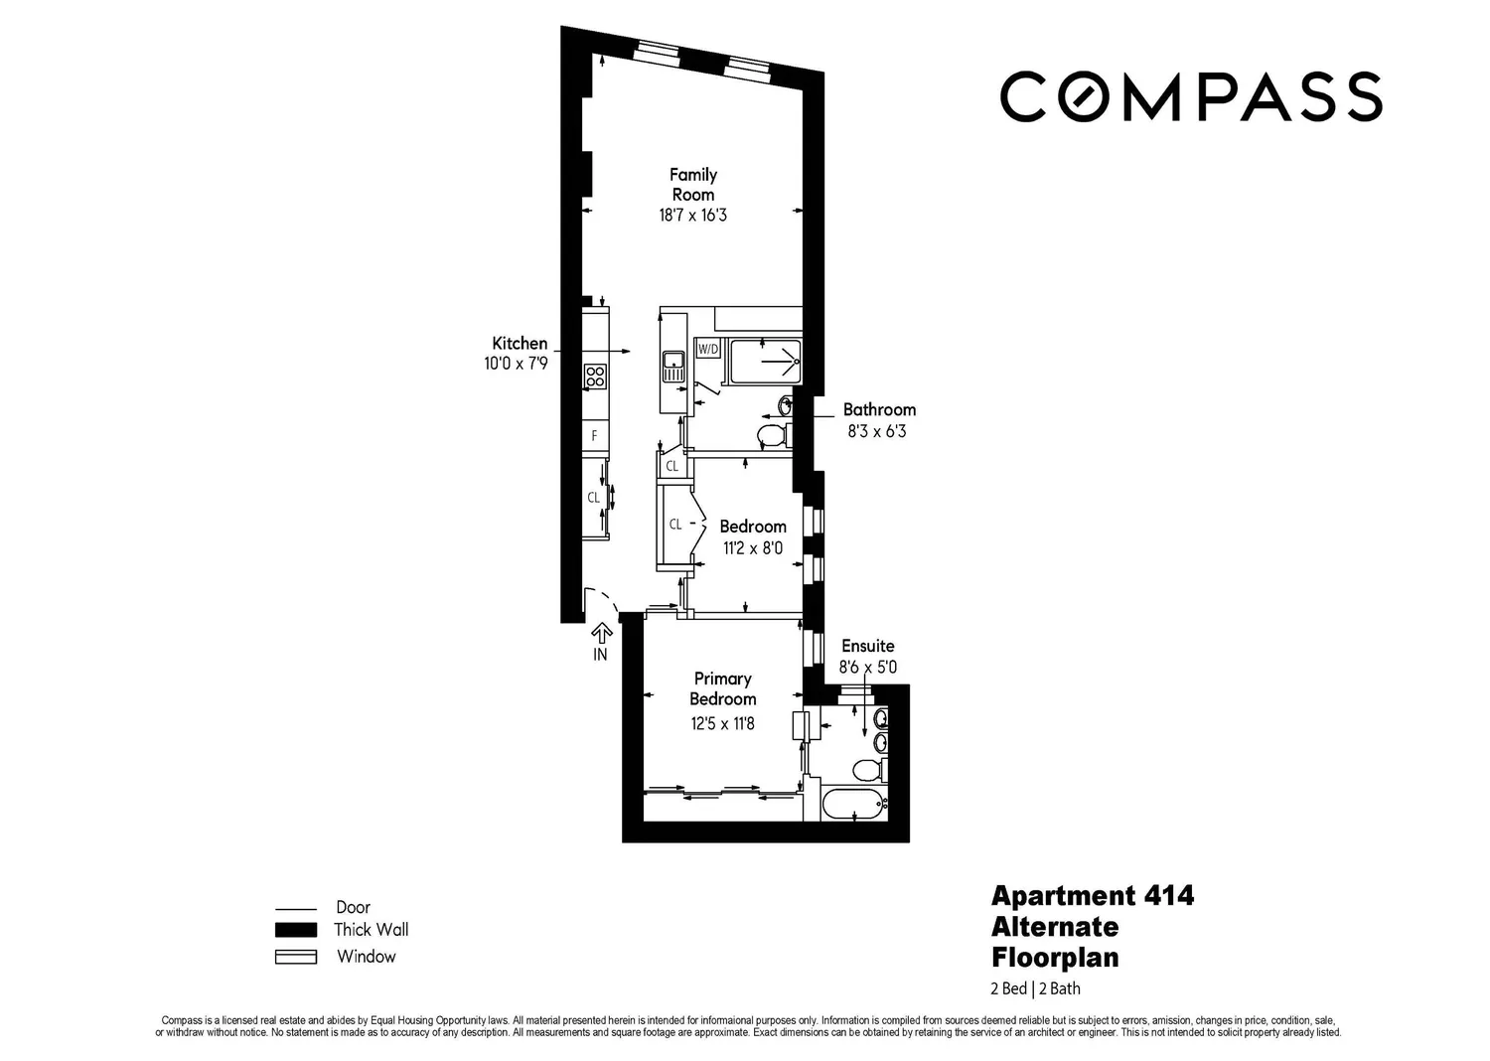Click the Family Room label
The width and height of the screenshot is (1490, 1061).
point(693,184)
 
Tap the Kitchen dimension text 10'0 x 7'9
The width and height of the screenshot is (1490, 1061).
point(517,364)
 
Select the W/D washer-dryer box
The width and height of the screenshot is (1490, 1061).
point(707,349)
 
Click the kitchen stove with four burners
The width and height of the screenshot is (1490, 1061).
point(595,376)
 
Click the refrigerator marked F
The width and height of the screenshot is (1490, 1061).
point(595,436)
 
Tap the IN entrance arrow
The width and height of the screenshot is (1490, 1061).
point(601,641)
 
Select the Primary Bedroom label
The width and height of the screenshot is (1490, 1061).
point(722,688)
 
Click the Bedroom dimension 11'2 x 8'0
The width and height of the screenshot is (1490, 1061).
point(753,548)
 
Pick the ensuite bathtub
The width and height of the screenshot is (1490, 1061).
point(854,805)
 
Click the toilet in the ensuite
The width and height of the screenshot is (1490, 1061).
point(869,771)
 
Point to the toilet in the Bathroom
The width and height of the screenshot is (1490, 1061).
point(775,436)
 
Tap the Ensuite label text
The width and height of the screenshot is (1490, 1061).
point(867,646)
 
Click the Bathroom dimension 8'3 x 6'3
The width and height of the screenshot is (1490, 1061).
point(877,432)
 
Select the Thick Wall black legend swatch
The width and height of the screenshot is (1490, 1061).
point(296,929)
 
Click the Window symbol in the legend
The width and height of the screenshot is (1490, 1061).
point(296,957)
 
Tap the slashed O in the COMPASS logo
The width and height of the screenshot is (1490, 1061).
point(1085,96)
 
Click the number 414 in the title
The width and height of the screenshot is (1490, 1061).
point(1169,896)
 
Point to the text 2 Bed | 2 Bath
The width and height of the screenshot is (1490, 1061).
point(1035,989)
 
